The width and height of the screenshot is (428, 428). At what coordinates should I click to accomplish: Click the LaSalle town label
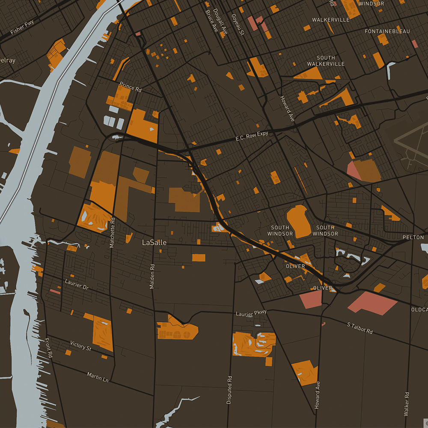click(x=154, y=242)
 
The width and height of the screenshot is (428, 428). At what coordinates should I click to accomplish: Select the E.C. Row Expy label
click(x=252, y=136)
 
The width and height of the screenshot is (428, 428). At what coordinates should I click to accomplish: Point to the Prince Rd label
click(x=131, y=86)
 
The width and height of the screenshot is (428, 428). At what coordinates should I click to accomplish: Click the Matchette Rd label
click(x=112, y=232)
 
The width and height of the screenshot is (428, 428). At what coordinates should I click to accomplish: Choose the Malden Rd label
click(x=152, y=276)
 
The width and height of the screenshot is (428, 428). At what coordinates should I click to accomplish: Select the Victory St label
click(x=81, y=346)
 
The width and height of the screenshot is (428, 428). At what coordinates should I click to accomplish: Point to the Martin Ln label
click(x=98, y=377)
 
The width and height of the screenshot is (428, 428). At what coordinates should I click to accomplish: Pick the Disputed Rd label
click(x=229, y=390)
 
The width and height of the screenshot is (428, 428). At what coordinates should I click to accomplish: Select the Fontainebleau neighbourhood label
click(x=387, y=32)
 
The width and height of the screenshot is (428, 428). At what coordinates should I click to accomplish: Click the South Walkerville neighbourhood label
click(x=326, y=61)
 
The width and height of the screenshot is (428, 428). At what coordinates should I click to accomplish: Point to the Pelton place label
click(x=413, y=237)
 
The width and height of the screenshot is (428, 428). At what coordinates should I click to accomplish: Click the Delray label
click(x=7, y=60)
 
